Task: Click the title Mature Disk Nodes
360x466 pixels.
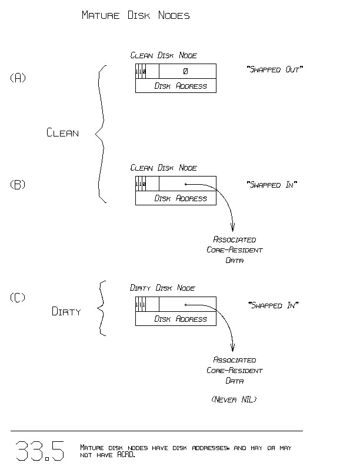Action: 135,16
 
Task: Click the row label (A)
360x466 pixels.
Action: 18,78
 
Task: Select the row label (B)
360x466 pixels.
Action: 18,184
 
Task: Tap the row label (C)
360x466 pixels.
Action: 18,298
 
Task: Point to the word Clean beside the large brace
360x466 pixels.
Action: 62,133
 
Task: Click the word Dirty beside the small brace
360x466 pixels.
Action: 66,312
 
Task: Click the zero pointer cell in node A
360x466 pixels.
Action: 186,71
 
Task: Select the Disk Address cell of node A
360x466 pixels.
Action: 181,86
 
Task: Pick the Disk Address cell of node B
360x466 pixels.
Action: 181,198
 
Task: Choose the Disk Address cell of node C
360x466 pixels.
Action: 181,319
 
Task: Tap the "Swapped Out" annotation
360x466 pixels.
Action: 275,70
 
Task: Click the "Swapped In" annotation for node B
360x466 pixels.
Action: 272,185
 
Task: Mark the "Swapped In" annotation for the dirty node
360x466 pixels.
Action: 274,305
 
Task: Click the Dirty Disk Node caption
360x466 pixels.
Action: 162,288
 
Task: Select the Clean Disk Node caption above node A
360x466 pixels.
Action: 164,55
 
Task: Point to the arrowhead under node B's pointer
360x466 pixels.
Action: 234,228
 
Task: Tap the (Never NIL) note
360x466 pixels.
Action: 234,400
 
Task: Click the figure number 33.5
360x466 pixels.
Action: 39,451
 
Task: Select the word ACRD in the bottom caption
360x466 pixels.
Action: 126,455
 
